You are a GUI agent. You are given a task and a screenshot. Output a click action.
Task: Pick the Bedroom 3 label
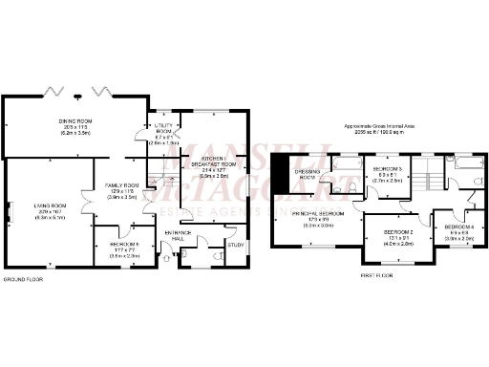[387, 172]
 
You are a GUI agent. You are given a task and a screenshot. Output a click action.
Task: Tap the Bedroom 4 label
[456, 228]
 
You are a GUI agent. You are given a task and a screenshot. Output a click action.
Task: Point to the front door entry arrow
[168, 255]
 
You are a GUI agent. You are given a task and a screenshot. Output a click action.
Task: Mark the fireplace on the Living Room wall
[8, 212]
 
